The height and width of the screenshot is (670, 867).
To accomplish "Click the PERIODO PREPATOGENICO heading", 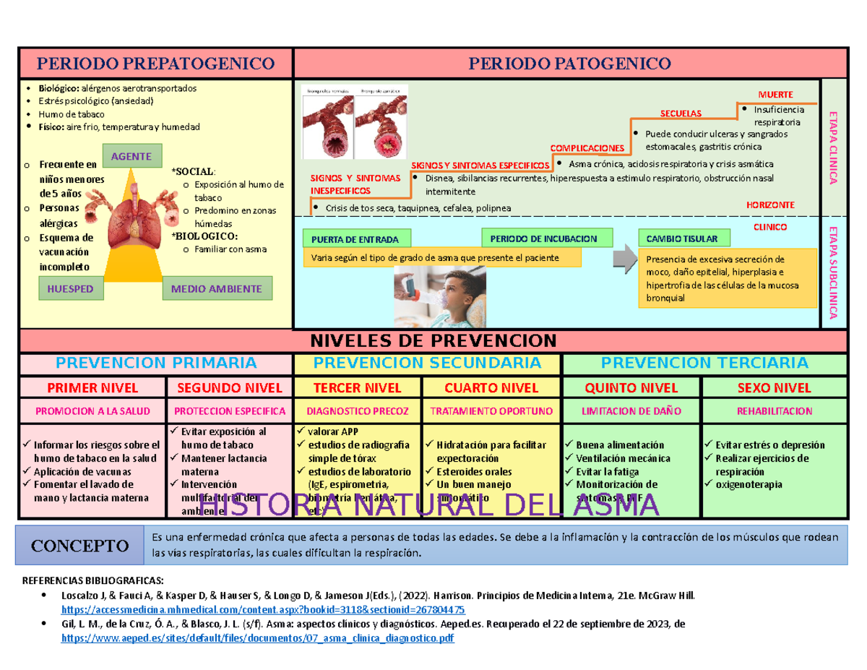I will [156, 64].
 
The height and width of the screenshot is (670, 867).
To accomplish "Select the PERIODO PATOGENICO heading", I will [570, 64].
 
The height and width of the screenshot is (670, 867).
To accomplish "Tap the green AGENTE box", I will [131, 155].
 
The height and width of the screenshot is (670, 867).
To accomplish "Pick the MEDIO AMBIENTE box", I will [217, 289].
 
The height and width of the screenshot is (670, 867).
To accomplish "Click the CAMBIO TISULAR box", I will [681, 239].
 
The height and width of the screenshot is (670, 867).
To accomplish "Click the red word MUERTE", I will [775, 95].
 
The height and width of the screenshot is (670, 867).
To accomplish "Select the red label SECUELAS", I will [681, 113].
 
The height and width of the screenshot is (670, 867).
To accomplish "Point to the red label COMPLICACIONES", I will [587, 147].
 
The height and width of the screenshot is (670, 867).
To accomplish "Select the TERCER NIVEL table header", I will [358, 387].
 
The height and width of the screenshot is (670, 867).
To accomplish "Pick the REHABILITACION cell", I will [775, 411].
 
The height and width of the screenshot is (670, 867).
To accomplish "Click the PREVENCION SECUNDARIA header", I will [427, 362].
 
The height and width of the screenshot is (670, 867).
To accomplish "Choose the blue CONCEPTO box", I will [80, 545].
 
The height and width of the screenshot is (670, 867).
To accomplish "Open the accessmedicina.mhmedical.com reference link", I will [264, 609].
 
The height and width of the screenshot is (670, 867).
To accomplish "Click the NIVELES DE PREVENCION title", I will [433, 340].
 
